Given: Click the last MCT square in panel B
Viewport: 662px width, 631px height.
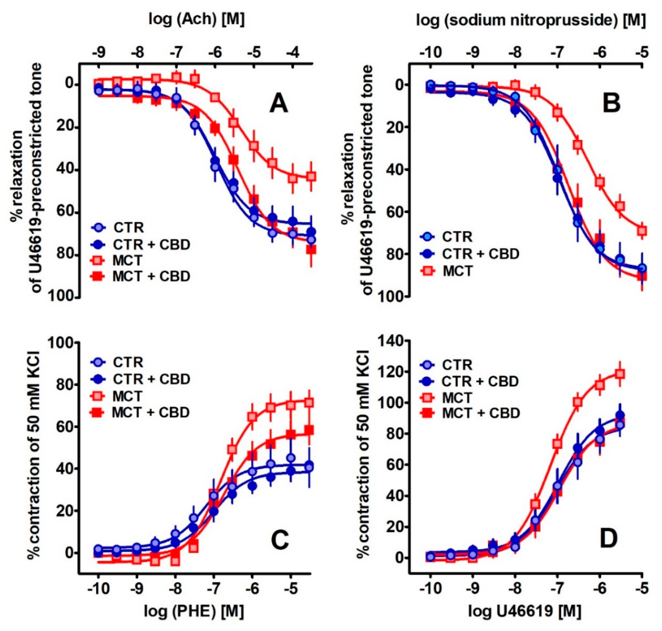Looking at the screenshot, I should pos(642,231).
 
